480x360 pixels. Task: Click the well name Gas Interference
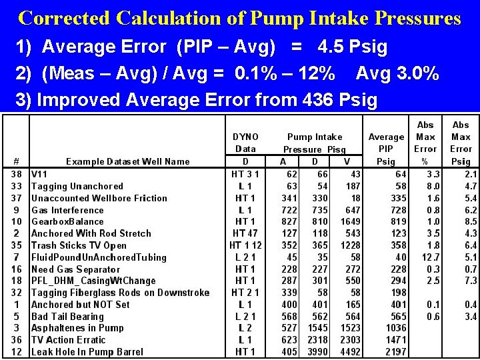click(x=67, y=210)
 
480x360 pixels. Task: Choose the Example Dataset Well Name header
click(x=128, y=161)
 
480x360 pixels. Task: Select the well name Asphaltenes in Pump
click(x=77, y=328)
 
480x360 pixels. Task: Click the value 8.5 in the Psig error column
click(x=460, y=222)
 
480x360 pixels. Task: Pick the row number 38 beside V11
click(x=16, y=174)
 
